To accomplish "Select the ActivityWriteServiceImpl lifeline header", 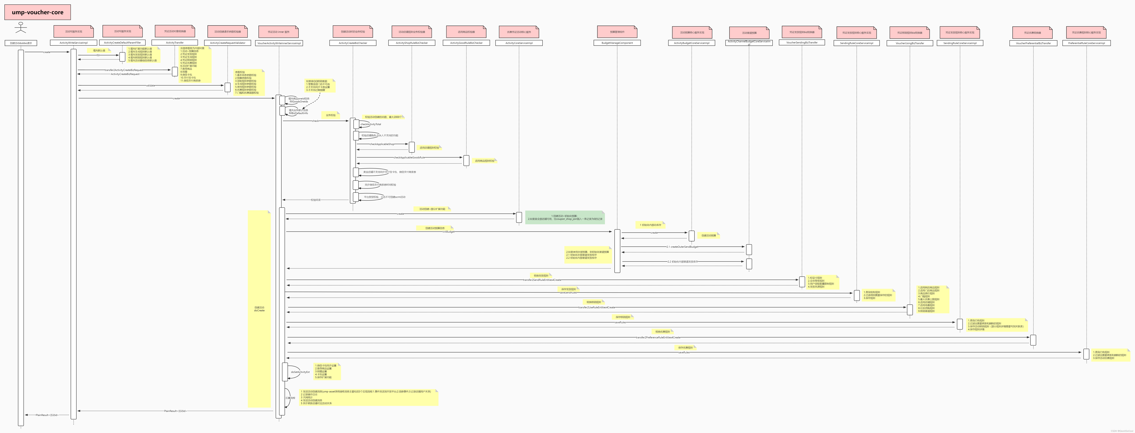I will coord(74,43).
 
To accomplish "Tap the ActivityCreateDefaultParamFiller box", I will coord(123,43).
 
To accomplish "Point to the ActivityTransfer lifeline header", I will coord(175,43).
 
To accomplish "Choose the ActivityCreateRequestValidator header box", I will coord(228,43).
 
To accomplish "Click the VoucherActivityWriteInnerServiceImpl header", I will coord(279,43).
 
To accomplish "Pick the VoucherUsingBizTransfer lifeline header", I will coord(910,43).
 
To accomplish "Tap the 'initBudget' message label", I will coord(449,231).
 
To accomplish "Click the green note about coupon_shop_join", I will coord(565,217).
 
